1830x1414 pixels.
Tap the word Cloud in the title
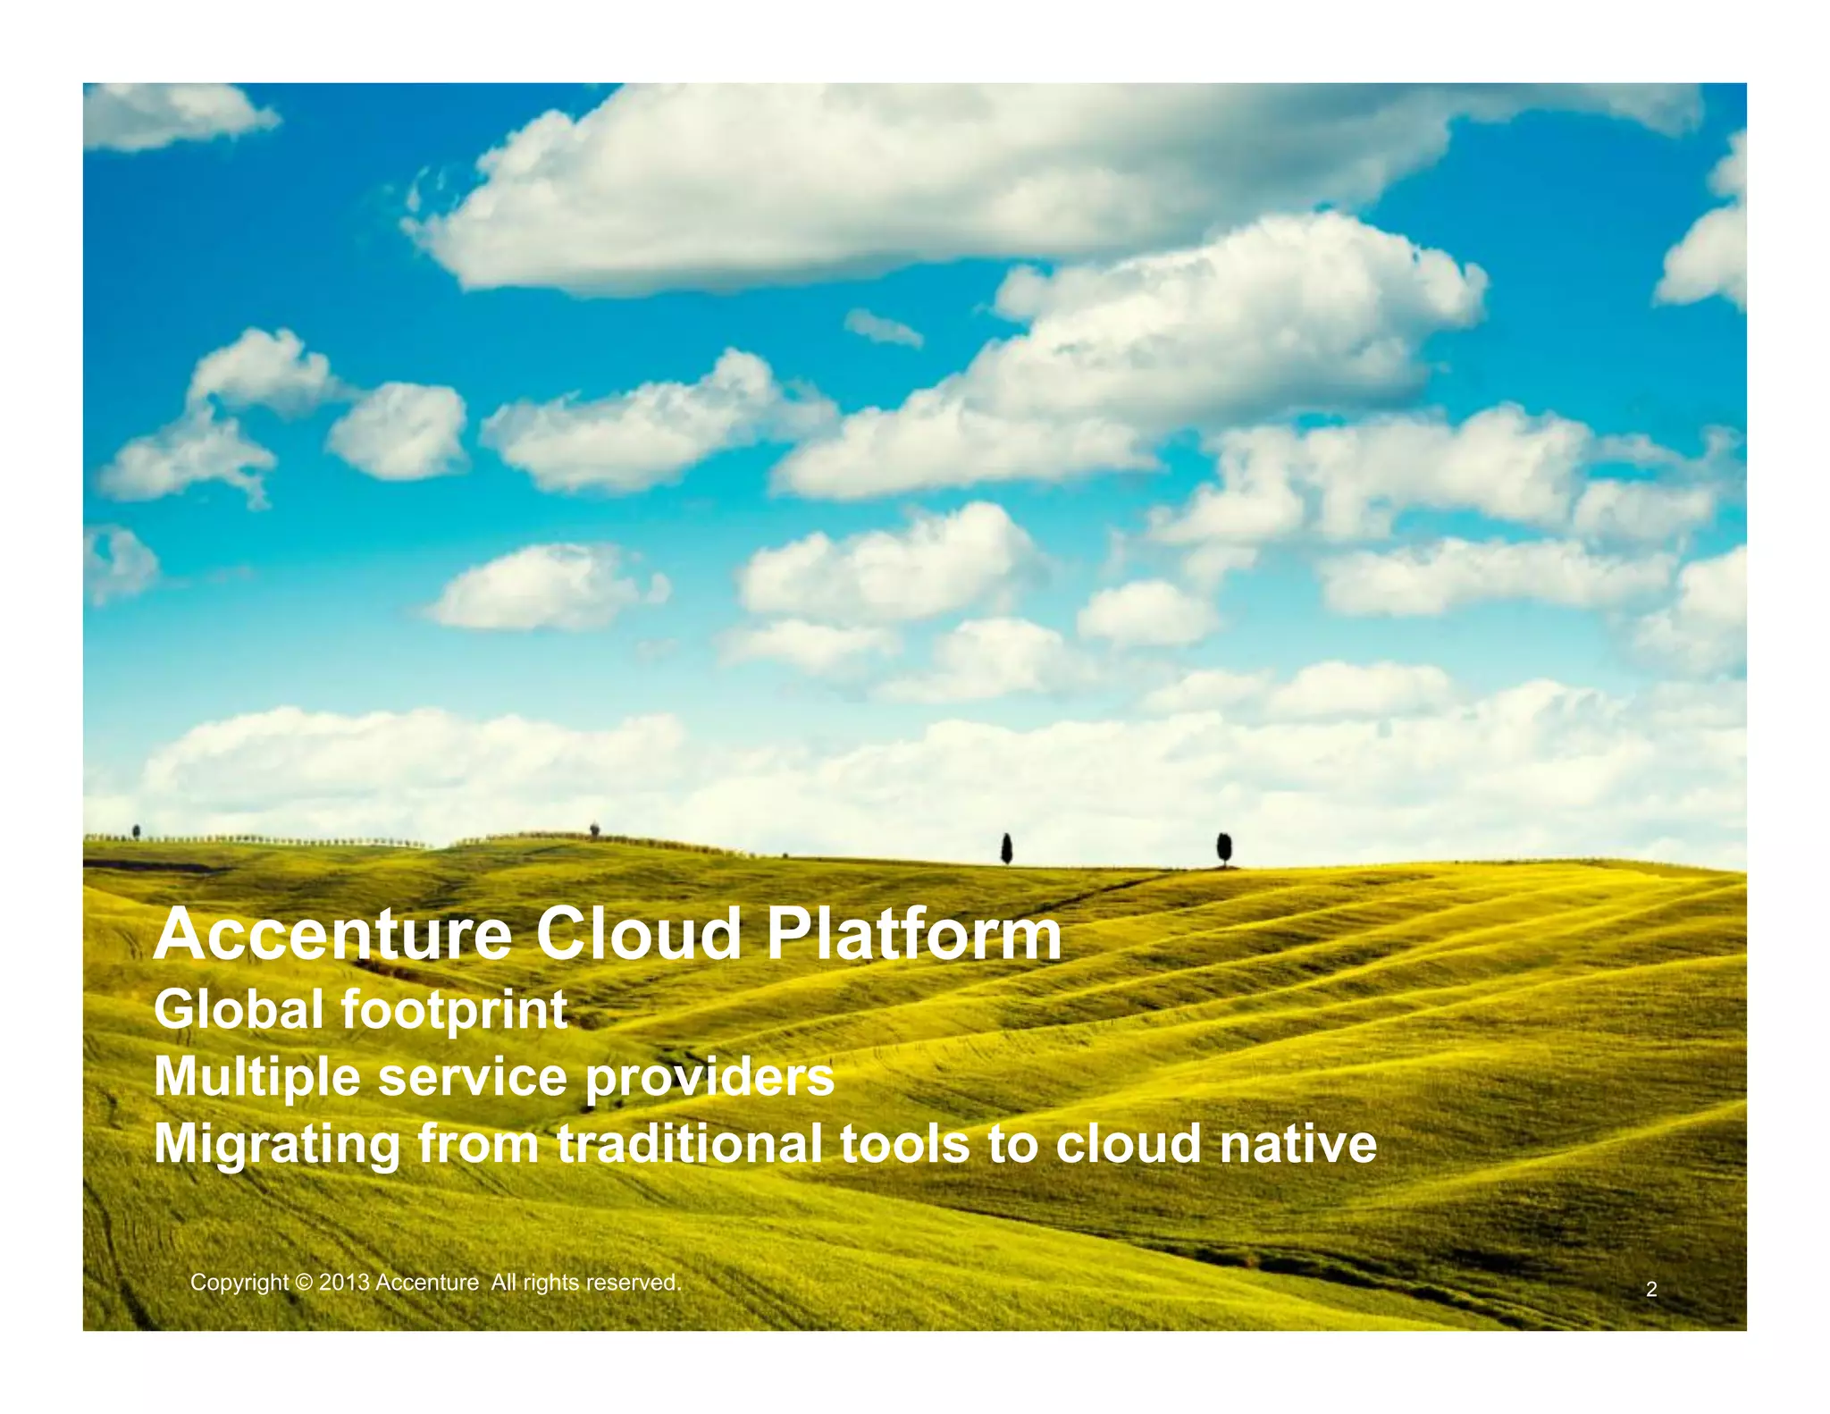[x=638, y=935]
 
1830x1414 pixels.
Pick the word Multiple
[x=258, y=1078]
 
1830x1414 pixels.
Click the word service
[x=473, y=1077]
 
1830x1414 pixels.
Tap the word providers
[x=709, y=1078]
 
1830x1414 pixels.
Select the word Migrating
[x=277, y=1146]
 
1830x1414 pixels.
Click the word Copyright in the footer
[x=239, y=1284]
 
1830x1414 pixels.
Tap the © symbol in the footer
[x=304, y=1283]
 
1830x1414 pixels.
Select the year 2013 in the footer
[x=344, y=1283]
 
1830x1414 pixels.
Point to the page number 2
[x=1651, y=1290]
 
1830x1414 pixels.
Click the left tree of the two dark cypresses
[x=1006, y=848]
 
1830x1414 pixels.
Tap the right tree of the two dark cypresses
[x=1224, y=847]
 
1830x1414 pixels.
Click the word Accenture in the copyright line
[x=427, y=1283]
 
